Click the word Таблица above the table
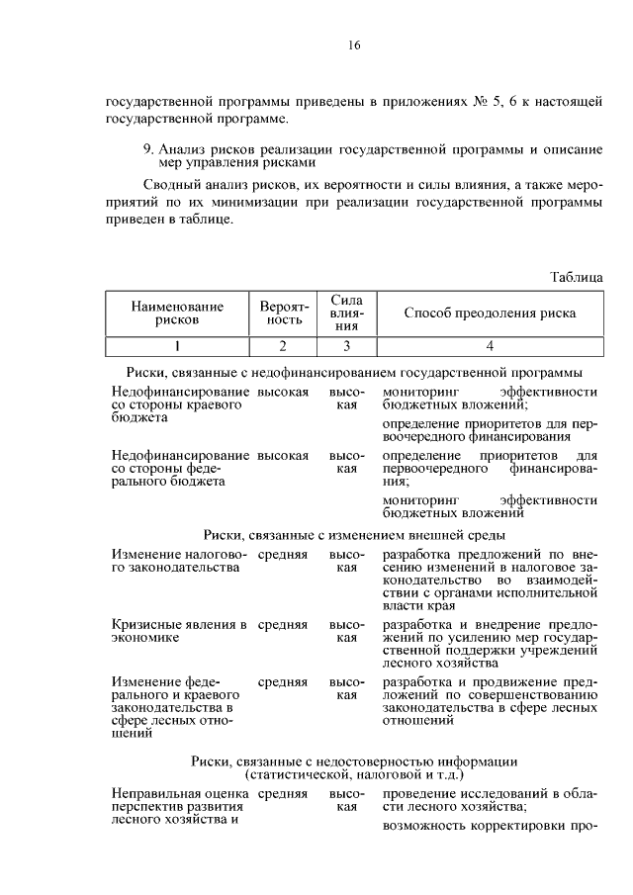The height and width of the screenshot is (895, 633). pos(576,278)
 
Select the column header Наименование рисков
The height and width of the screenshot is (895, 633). pos(176,313)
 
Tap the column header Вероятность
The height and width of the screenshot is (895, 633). pos(281,313)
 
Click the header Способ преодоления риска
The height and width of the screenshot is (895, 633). pos(490,313)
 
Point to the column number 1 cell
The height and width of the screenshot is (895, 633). pos(176,346)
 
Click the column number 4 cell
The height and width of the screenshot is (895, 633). pos(490,346)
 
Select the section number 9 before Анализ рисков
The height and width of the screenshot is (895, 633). pos(147,148)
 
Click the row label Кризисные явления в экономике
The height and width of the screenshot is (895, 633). pos(179,632)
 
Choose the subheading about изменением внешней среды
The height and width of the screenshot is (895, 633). pos(354,534)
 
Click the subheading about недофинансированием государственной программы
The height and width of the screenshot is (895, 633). pos(354,373)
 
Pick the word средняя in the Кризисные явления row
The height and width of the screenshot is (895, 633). pos(283,625)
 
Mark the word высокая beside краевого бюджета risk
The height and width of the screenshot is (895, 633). pos(283,393)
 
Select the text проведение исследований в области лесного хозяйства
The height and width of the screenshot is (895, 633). pos(490,800)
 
